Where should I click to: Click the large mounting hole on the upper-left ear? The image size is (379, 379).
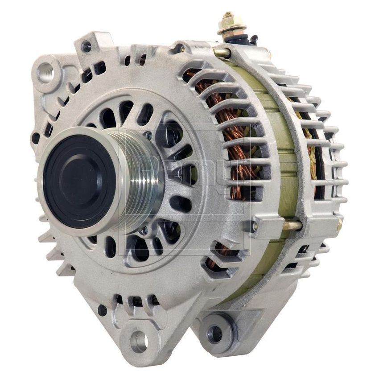point(45,72)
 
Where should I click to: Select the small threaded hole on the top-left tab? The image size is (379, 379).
point(86,45)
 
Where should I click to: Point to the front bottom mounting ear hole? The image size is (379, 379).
point(139,341)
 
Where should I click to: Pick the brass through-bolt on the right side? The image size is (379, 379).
point(292,226)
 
